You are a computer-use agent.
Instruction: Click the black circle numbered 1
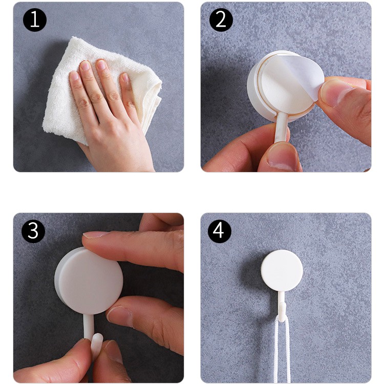[34, 20]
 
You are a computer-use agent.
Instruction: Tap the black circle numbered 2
[221, 20]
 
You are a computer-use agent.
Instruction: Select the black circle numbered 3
[33, 231]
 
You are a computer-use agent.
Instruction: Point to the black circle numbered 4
[220, 231]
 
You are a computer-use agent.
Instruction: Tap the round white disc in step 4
[282, 271]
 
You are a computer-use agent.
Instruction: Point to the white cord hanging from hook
[282, 350]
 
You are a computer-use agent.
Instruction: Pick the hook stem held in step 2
[281, 127]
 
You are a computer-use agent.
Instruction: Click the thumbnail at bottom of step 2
[282, 158]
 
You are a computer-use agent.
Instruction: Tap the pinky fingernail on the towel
[125, 78]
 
